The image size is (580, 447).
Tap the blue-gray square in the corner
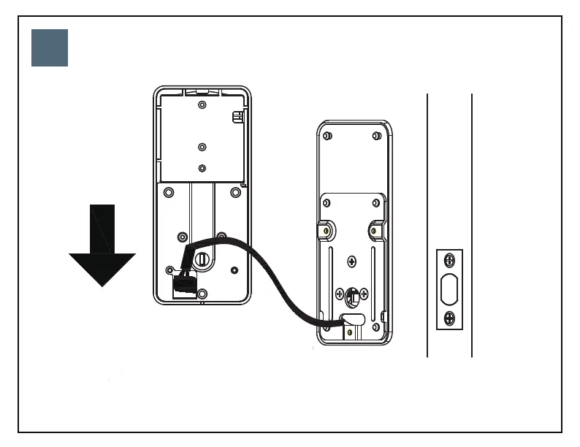[x=50, y=48]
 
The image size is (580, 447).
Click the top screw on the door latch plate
[x=450, y=260]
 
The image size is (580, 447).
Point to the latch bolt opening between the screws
[x=450, y=289]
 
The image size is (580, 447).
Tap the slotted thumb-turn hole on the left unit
[x=202, y=259]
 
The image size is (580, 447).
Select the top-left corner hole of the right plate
[x=328, y=136]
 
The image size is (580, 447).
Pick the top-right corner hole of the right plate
[x=376, y=136]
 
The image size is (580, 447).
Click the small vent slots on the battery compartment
[x=237, y=117]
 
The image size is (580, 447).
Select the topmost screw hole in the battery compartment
[x=202, y=104]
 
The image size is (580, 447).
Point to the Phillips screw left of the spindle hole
[x=340, y=294]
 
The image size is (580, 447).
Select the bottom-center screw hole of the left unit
[x=202, y=294]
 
